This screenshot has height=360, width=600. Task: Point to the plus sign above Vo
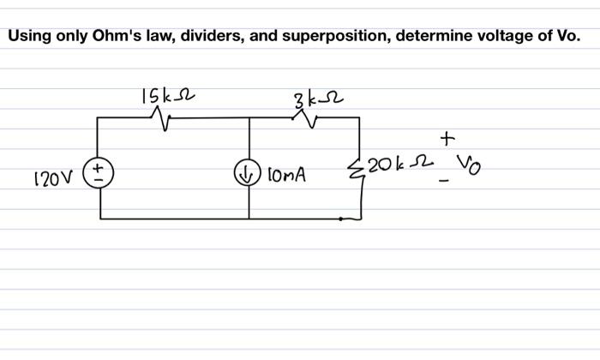point(446,137)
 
